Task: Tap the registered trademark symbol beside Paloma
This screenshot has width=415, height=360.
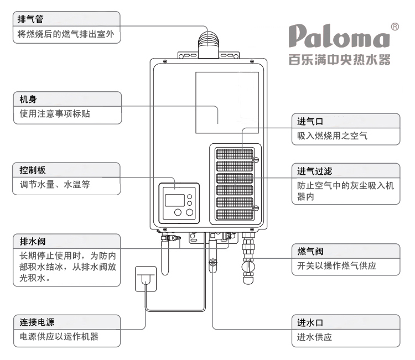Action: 395,25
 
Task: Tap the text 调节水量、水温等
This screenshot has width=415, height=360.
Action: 51,184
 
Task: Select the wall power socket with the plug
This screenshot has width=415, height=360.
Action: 146,280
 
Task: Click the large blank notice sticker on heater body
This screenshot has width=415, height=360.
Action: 226,102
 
